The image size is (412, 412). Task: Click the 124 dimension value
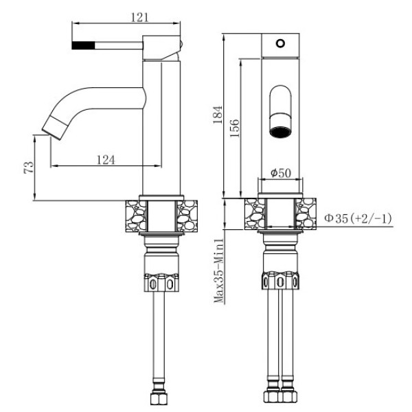pyautogui.click(x=104, y=159)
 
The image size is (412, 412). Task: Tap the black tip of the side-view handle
pyautogui.click(x=83, y=45)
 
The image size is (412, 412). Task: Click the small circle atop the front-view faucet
pyautogui.click(x=279, y=43)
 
